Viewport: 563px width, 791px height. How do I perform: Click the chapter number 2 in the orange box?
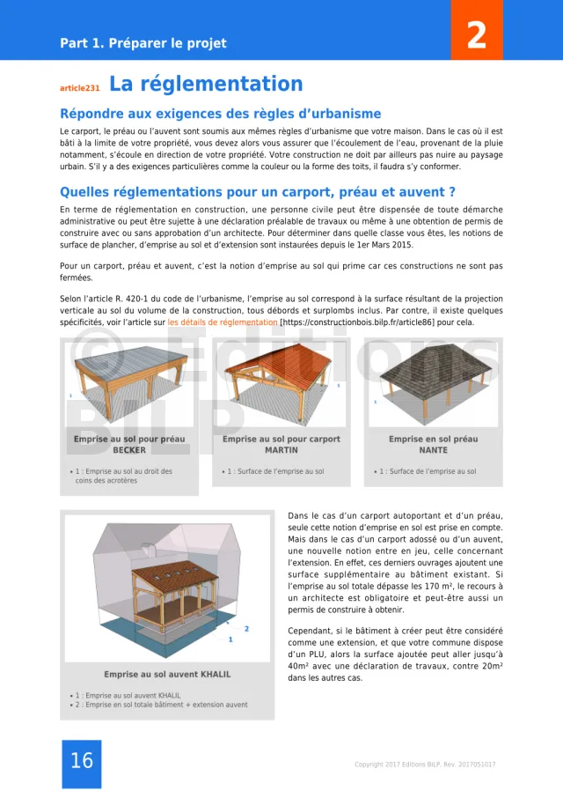click(x=476, y=35)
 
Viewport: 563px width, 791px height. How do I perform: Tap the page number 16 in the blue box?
click(x=81, y=761)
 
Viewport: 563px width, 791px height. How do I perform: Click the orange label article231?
click(x=79, y=88)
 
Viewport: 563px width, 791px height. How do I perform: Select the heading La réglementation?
click(x=206, y=85)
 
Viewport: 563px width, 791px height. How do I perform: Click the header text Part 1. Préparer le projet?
click(x=143, y=43)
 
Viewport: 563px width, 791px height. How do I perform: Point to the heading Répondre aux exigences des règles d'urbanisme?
click(x=220, y=114)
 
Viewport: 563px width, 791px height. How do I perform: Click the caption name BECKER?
click(x=129, y=450)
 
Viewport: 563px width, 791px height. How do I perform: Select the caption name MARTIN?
click(x=281, y=450)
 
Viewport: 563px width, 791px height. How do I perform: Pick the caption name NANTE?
click(x=433, y=450)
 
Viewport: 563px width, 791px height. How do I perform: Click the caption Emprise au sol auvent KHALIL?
click(x=167, y=675)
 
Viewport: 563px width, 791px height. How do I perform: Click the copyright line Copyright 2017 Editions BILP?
click(x=424, y=765)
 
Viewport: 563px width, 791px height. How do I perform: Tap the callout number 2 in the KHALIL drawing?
click(x=246, y=629)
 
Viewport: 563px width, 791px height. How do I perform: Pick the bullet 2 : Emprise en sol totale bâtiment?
click(x=161, y=705)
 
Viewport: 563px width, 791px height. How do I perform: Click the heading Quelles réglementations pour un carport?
click(x=257, y=192)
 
